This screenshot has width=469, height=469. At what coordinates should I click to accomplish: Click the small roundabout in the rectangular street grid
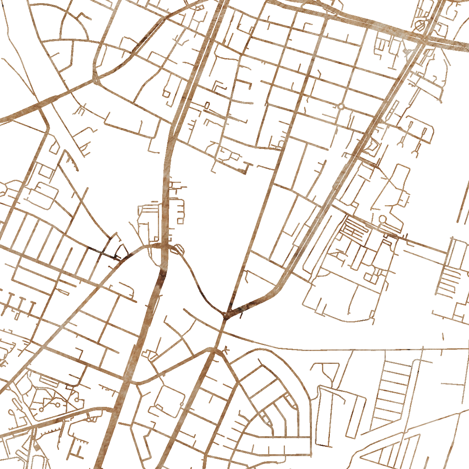(x=341, y=106)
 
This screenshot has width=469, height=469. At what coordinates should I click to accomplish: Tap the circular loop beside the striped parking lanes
(x=382, y=219)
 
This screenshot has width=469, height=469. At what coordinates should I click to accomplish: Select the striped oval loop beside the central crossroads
(x=178, y=249)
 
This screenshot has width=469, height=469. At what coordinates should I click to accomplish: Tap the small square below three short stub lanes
(x=180, y=221)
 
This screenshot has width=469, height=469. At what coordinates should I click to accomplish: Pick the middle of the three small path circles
(x=58, y=405)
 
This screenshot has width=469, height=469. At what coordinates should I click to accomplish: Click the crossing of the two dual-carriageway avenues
(x=424, y=39)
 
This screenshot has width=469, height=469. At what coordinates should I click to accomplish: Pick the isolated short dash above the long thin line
(x=443, y=336)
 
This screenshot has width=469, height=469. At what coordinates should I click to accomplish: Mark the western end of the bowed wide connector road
(x=133, y=382)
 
